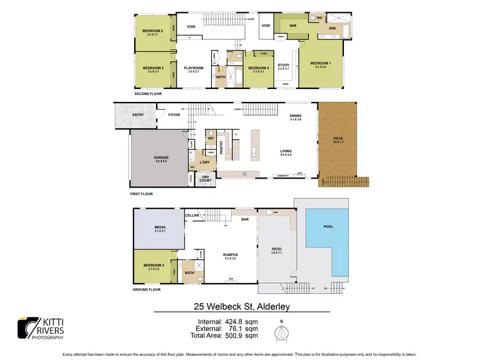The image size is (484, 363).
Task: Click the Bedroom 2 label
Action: tap(152, 30)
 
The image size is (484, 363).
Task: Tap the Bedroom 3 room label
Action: tap(152, 68)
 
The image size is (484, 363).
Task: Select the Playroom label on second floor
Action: tap(194, 68)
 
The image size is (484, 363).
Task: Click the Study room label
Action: tap(283, 65)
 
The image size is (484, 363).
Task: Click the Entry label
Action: tap(138, 115)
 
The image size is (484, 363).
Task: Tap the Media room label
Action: tap(160, 228)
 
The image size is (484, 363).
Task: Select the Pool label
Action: tap(328, 227)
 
